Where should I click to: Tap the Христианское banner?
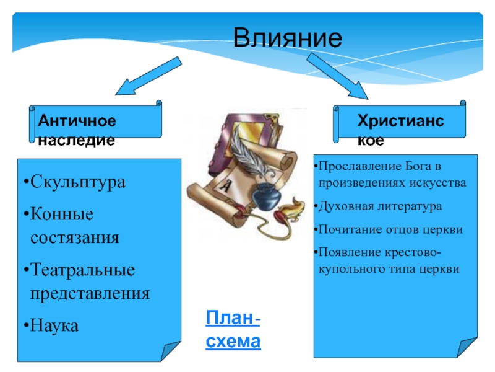coord(401,122)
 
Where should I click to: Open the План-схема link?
coord(233,330)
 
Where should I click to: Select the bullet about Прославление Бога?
coord(390,175)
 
